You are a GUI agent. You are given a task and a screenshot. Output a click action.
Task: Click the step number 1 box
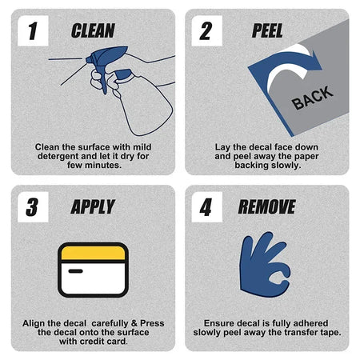coord(33,30)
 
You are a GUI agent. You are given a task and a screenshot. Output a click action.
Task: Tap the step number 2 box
coord(206,30)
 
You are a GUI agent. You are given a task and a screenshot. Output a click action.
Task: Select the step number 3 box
coord(33,207)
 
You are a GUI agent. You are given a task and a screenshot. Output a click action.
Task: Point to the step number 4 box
coord(206,207)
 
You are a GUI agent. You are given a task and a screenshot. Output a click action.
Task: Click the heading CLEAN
coord(93,30)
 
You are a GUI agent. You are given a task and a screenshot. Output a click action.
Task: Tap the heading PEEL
coord(267,30)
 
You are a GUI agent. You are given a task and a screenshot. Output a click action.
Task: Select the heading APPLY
coord(93,207)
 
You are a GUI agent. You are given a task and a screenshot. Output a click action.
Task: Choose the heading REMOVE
coord(267,207)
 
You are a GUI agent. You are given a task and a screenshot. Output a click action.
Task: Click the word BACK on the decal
coord(312,98)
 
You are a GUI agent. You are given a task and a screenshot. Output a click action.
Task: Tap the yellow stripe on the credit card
coord(93,253)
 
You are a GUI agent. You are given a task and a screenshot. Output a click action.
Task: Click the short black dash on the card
coord(75,271)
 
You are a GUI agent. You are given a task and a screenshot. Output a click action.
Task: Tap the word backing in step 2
coord(251,166)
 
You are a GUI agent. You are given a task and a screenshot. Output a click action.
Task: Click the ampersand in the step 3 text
coord(134,323)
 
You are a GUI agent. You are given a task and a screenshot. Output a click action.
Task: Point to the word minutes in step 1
coord(103,166)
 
